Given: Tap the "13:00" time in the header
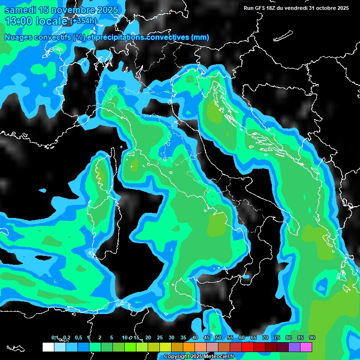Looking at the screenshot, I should (20, 21).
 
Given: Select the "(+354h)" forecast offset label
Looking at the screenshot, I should (83, 21).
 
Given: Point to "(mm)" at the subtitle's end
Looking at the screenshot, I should (200, 37).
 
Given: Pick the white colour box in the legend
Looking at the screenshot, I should (48, 347).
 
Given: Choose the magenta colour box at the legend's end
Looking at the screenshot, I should (306, 347).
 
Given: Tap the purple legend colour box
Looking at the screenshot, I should (294, 347).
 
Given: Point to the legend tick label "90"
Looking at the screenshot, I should (312, 337).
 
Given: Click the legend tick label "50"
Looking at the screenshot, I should (218, 337).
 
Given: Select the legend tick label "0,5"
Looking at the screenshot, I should (78, 337).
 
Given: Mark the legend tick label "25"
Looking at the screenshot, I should (160, 337).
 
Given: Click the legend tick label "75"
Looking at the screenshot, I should (277, 337).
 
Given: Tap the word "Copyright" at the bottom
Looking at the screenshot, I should (176, 357).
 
